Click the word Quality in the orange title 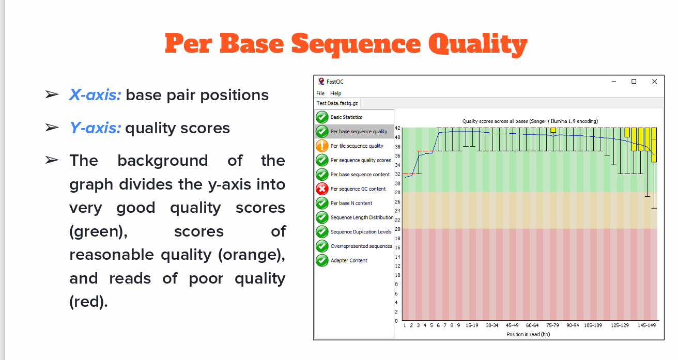coord(477,44)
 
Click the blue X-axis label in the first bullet coord(95,95)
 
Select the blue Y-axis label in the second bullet coord(95,128)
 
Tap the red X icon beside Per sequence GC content coord(322,189)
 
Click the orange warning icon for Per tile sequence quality coord(322,146)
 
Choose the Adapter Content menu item coord(349,260)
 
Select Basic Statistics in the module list coord(346,117)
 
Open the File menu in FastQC coord(320,93)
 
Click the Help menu coord(336,93)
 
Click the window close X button coord(654,82)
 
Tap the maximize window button coord(634,82)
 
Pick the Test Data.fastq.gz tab coord(337,103)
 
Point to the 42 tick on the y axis coord(397,128)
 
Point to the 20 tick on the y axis coord(397,229)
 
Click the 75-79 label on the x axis coord(552,325)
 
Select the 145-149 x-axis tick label coord(646,325)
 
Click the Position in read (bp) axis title coord(528,334)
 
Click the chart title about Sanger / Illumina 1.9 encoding coord(530,121)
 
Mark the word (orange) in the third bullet coord(252,255)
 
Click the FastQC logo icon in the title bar coord(321,82)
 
